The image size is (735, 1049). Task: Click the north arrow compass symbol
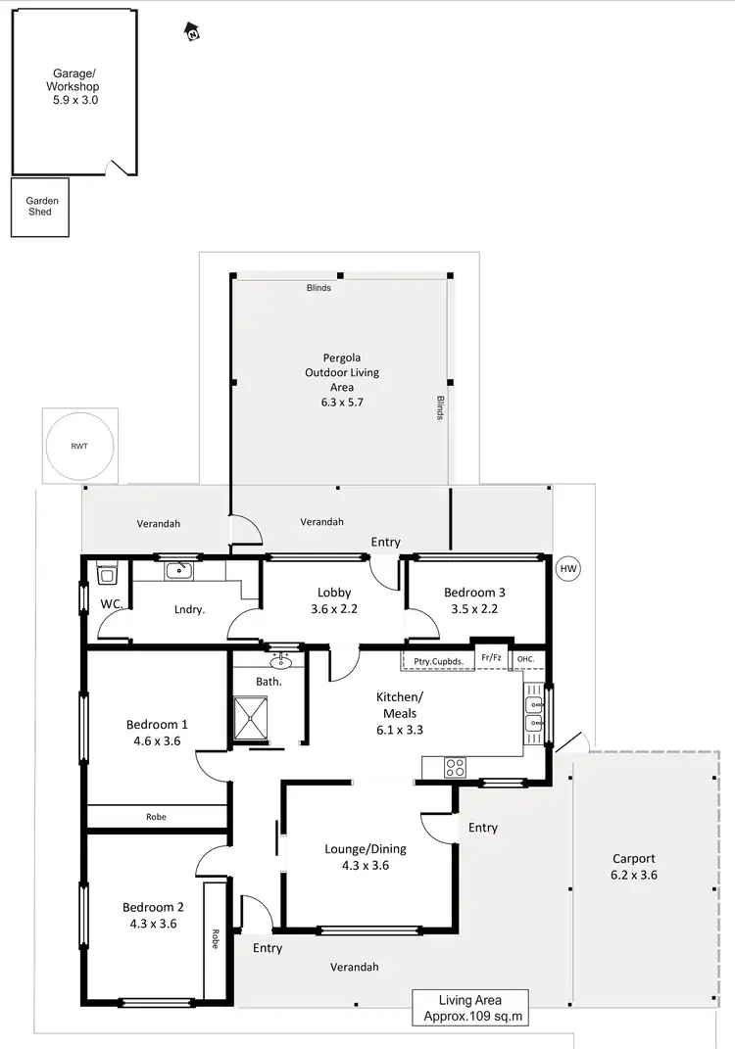[x=193, y=33]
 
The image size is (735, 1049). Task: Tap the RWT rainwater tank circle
[x=77, y=445]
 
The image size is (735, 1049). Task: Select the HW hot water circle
[x=567, y=569]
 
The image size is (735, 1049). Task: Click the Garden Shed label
[x=42, y=207]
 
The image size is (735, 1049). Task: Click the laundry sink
[x=177, y=570]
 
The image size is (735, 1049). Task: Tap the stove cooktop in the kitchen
[x=455, y=768]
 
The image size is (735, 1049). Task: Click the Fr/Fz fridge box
[x=490, y=658]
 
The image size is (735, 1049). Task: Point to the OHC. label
[x=526, y=659]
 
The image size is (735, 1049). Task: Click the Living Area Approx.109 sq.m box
[x=470, y=1008]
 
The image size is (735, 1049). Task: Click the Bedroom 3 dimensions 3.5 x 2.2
[x=475, y=608]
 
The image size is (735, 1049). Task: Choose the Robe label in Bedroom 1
[x=156, y=816]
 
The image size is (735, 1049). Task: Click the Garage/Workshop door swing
[x=122, y=167]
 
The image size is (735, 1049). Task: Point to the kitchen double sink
[x=534, y=713]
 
